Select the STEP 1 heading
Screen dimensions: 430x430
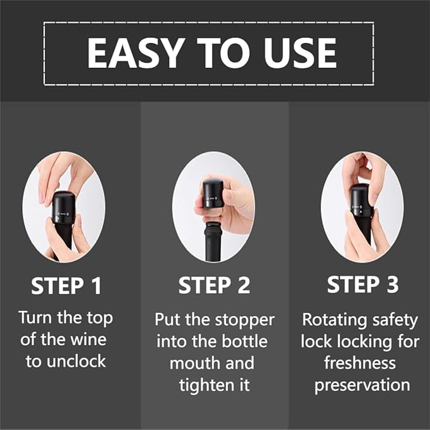tap(66, 286)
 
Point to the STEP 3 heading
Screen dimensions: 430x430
tap(362, 285)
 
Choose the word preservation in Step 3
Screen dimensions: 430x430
tap(362, 385)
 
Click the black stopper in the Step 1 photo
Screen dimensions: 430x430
tap(63, 206)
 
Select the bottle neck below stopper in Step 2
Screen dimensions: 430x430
tap(210, 237)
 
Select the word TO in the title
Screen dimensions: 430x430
tap(217, 53)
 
